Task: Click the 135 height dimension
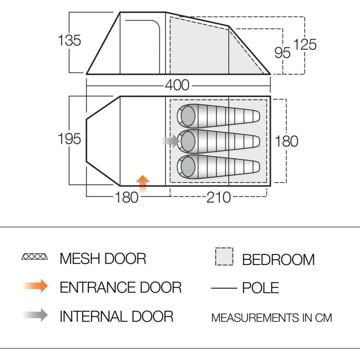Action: [69, 40]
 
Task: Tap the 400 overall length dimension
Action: [177, 85]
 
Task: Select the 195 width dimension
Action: [69, 139]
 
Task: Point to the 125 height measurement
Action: [305, 44]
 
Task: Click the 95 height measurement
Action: [282, 53]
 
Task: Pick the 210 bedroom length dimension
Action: [219, 197]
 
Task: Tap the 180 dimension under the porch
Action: [127, 197]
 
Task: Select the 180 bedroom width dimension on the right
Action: [287, 141]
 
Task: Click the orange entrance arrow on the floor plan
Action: [143, 184]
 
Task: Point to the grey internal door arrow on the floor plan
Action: [171, 141]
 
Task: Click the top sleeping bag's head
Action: [188, 116]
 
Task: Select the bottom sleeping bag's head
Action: [188, 167]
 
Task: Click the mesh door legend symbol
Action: [35, 256]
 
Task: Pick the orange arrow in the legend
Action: [35, 286]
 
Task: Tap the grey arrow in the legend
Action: [35, 315]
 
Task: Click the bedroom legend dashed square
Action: [224, 256]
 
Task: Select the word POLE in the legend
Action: [261, 288]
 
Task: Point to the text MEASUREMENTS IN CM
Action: [272, 318]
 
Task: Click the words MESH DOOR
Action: [103, 259]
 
